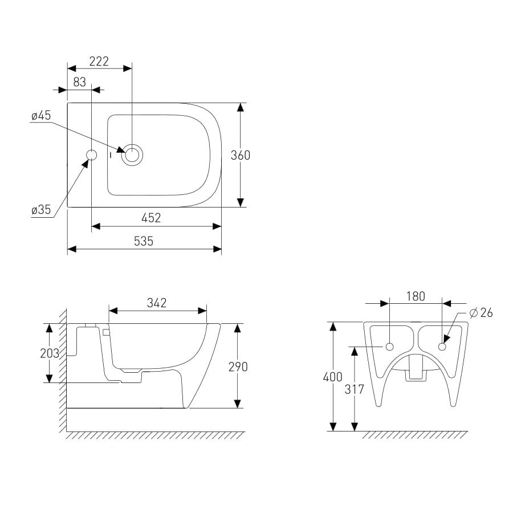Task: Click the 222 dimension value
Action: pos(99,61)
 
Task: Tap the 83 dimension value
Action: pos(79,82)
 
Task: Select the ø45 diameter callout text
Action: pos(41,116)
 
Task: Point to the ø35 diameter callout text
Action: pos(41,209)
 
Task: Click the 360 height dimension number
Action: pos(241,155)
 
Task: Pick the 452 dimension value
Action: pos(151,218)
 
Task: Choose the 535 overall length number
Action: pos(144,241)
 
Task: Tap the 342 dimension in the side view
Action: pos(157,303)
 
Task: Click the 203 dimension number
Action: pos(50,353)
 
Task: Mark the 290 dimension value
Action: pos(238,367)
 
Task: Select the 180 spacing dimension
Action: pos(416,296)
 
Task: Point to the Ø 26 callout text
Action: pos(481,313)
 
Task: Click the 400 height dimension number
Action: pos(333,377)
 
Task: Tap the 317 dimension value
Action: pos(355,389)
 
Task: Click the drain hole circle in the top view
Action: pos(132,155)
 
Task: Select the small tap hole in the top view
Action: pos(92,155)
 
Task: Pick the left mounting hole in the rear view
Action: pos(389,347)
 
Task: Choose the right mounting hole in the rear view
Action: pos(442,347)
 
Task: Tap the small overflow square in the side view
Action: pos(105,332)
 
